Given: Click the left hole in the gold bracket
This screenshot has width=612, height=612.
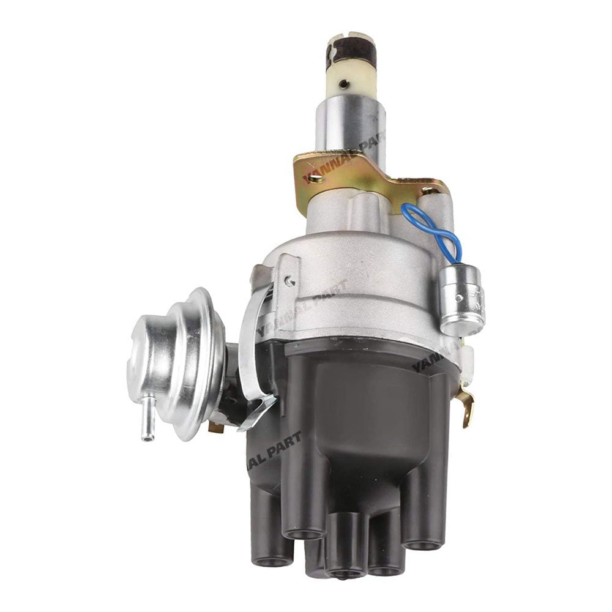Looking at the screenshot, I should (x=316, y=179).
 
